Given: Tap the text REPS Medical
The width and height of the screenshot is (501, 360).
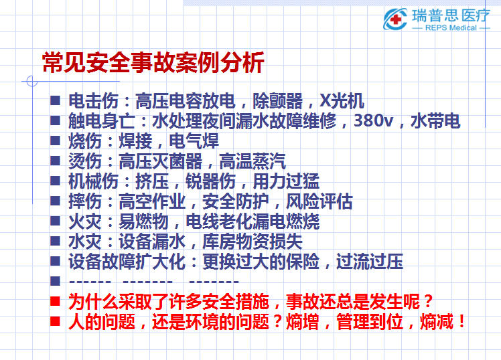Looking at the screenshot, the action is (x=451, y=27).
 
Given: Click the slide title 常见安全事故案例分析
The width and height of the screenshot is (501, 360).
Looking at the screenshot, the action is (x=153, y=62).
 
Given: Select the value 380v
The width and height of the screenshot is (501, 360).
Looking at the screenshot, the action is (x=373, y=121).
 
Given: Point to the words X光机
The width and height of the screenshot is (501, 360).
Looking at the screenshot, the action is (x=342, y=101).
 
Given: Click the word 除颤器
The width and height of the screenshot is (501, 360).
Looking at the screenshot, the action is (x=277, y=101).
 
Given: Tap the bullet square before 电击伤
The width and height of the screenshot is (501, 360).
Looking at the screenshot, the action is (x=56, y=100).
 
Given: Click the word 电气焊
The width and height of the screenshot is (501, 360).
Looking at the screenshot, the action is (x=194, y=141).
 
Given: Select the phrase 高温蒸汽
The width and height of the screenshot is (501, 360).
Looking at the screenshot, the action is (x=253, y=161).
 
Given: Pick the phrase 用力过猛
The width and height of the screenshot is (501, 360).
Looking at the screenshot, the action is (x=286, y=181).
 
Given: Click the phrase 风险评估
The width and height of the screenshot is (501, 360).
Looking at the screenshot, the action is (x=319, y=201).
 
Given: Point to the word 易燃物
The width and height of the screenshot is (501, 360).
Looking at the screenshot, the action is (x=143, y=221).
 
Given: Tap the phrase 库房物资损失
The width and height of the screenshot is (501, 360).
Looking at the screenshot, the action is (x=253, y=242).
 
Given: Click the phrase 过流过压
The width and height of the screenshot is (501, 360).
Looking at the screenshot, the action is (x=369, y=262).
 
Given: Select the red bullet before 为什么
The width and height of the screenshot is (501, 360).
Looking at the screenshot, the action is (x=56, y=301).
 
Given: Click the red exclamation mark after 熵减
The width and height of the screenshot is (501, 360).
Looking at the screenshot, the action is (x=461, y=321).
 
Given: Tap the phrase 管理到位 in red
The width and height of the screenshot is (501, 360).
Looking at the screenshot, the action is (x=369, y=322).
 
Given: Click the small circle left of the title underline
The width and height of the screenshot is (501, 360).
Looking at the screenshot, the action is (x=32, y=81).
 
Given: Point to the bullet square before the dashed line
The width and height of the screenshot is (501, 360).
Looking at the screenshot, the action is (x=56, y=281).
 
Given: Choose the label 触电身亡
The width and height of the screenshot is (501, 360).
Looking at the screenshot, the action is (x=102, y=121).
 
